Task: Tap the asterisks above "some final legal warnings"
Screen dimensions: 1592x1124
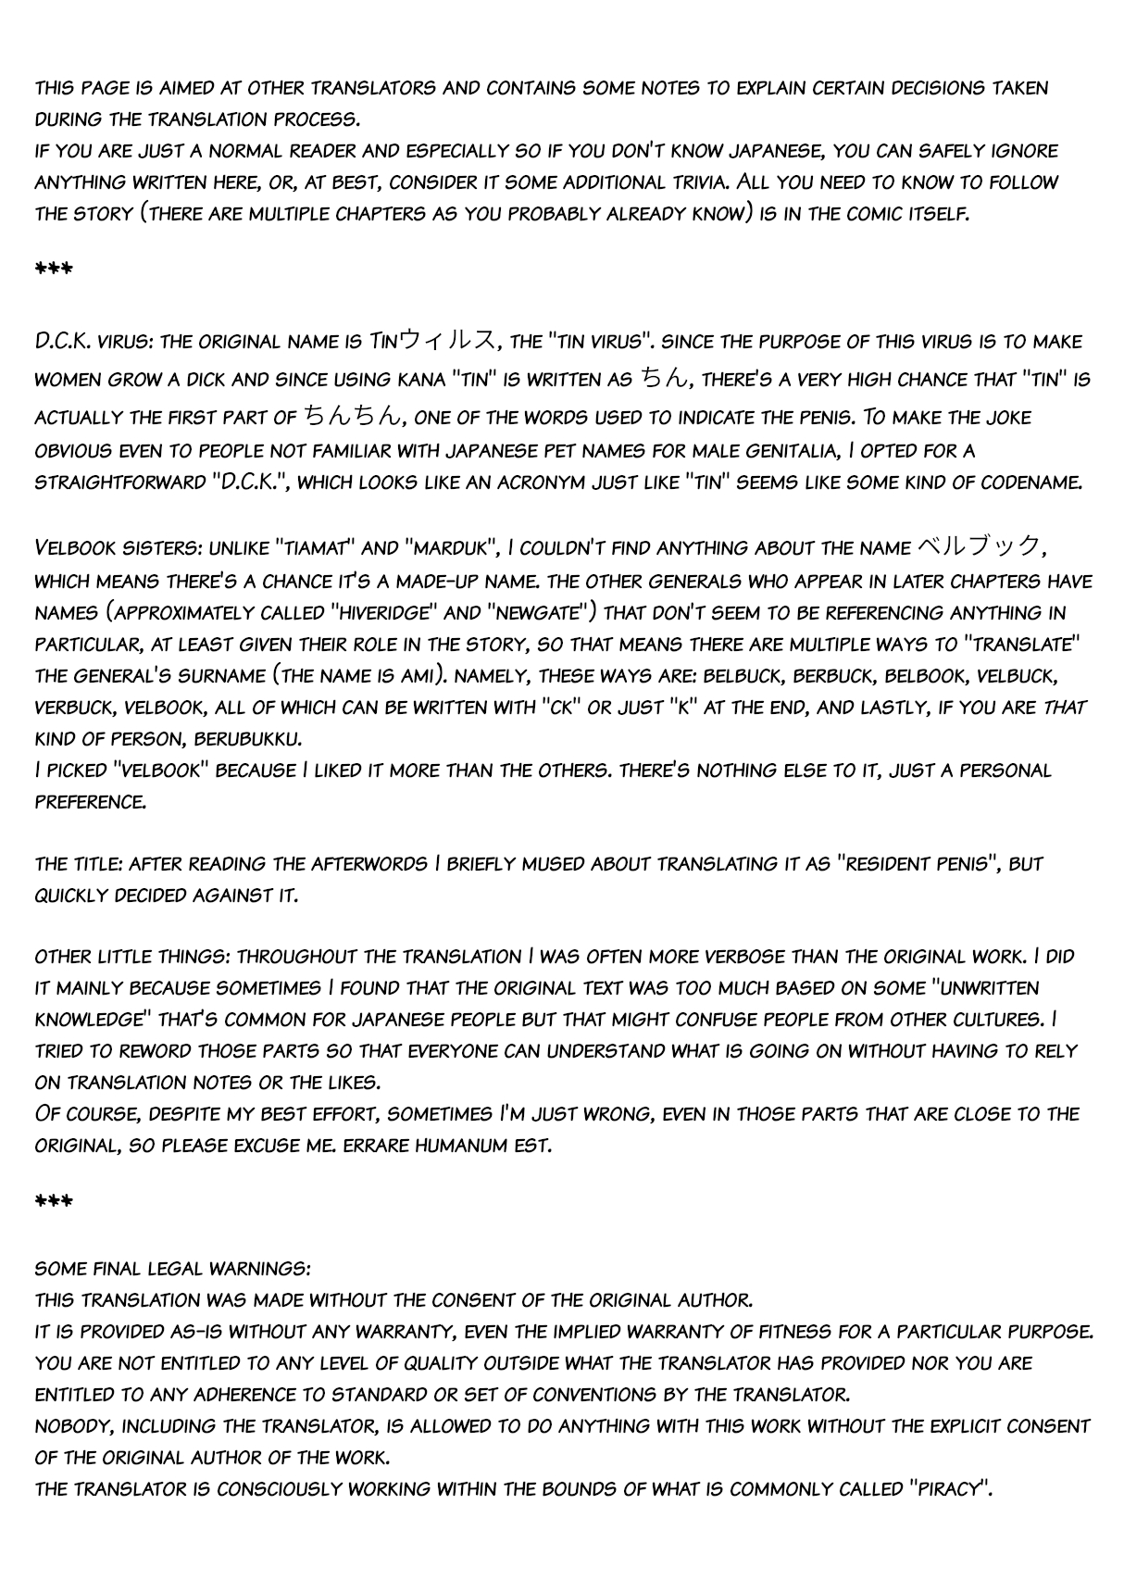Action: point(53,1202)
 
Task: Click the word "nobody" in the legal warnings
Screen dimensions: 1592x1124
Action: point(69,1426)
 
